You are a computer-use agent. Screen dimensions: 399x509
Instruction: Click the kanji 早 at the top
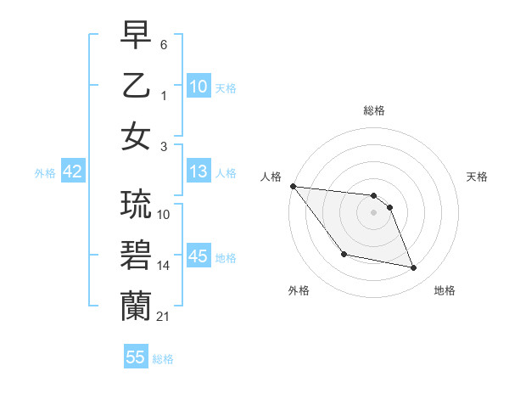coord(136,37)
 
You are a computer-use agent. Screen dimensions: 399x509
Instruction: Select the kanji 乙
coord(136,86)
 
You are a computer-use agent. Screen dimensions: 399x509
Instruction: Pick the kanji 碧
coord(136,256)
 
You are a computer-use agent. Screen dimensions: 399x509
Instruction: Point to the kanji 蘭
coord(136,306)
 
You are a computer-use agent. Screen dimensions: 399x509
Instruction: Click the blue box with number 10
coord(199,87)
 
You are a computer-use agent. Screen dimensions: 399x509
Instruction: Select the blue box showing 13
coord(199,172)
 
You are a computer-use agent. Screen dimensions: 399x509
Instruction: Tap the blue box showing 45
coord(199,256)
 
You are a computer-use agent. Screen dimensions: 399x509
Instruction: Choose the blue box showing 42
coord(73,171)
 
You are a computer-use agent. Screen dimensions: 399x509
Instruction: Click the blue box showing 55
coord(136,357)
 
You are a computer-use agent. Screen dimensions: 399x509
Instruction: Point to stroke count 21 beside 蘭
coord(163,317)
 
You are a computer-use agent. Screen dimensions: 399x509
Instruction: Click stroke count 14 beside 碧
coord(164,266)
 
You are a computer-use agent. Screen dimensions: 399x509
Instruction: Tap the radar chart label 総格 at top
coord(373,110)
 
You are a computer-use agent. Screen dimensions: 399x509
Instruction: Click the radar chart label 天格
coord(478,177)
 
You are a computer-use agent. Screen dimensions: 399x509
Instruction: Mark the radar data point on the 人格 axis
coord(293,186)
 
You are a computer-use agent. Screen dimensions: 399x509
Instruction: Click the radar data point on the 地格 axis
coord(414,268)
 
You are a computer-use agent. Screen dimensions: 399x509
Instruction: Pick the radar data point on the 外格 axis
coord(344,254)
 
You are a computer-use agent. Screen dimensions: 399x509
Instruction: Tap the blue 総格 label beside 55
coord(163,359)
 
